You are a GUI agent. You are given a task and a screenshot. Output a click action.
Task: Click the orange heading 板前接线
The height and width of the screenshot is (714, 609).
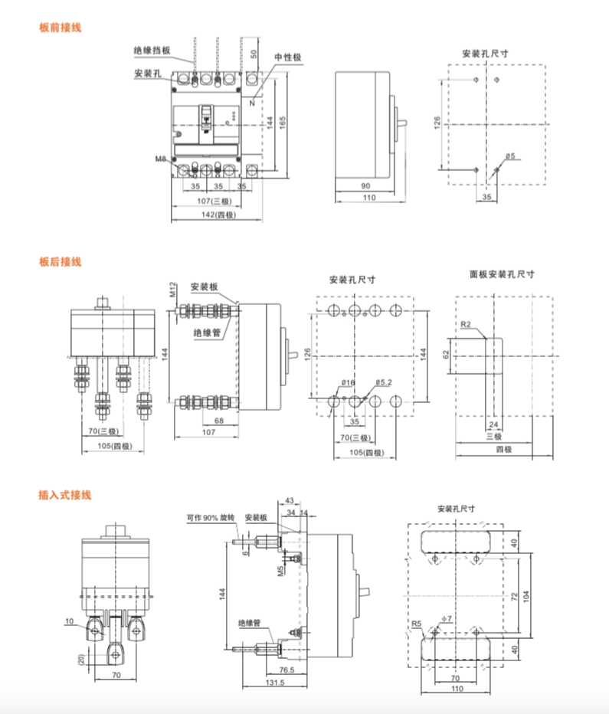60,28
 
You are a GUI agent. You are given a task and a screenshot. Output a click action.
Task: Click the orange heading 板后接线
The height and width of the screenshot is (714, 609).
60,262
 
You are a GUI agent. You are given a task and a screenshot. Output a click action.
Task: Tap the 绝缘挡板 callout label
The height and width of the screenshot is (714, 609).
152,51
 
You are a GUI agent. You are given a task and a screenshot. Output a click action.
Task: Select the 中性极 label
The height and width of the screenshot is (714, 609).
288,57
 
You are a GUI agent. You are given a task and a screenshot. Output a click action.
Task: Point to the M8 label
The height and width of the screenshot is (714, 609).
161,159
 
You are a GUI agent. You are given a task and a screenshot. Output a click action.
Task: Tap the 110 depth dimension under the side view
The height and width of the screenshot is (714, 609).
370,198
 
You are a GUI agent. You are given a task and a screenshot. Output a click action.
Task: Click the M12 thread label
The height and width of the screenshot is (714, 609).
173,288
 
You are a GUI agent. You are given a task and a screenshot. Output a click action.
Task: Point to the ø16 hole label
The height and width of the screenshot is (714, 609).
347,382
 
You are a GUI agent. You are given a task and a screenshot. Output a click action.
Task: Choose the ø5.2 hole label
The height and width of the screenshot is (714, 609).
385,382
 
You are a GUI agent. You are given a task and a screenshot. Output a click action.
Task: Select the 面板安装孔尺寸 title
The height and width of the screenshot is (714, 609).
503,273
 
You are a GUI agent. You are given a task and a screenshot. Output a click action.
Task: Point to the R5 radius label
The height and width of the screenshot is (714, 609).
417,624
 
